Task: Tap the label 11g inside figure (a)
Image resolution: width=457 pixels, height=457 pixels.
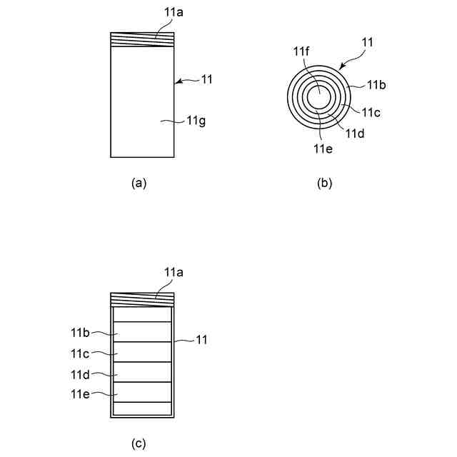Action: pos(196,121)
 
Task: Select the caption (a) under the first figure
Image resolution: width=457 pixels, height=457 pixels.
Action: pos(139,183)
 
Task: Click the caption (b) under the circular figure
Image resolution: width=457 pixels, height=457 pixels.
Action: pos(324,183)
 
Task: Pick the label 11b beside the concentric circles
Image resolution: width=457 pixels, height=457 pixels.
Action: pos(377,85)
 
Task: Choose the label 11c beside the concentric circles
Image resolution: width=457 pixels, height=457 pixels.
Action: pos(370,112)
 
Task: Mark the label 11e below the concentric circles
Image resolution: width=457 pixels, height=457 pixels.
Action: pos(322,149)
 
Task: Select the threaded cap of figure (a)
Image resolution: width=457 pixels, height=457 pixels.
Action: pos(143,40)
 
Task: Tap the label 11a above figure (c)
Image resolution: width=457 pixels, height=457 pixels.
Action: pos(174,272)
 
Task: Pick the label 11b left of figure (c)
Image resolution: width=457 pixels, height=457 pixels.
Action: pos(79,333)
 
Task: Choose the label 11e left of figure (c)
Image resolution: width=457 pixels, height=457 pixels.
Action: pos(79,393)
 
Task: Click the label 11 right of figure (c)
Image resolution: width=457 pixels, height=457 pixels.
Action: pos(201,341)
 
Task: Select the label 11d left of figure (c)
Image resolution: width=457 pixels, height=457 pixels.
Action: pos(79,373)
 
